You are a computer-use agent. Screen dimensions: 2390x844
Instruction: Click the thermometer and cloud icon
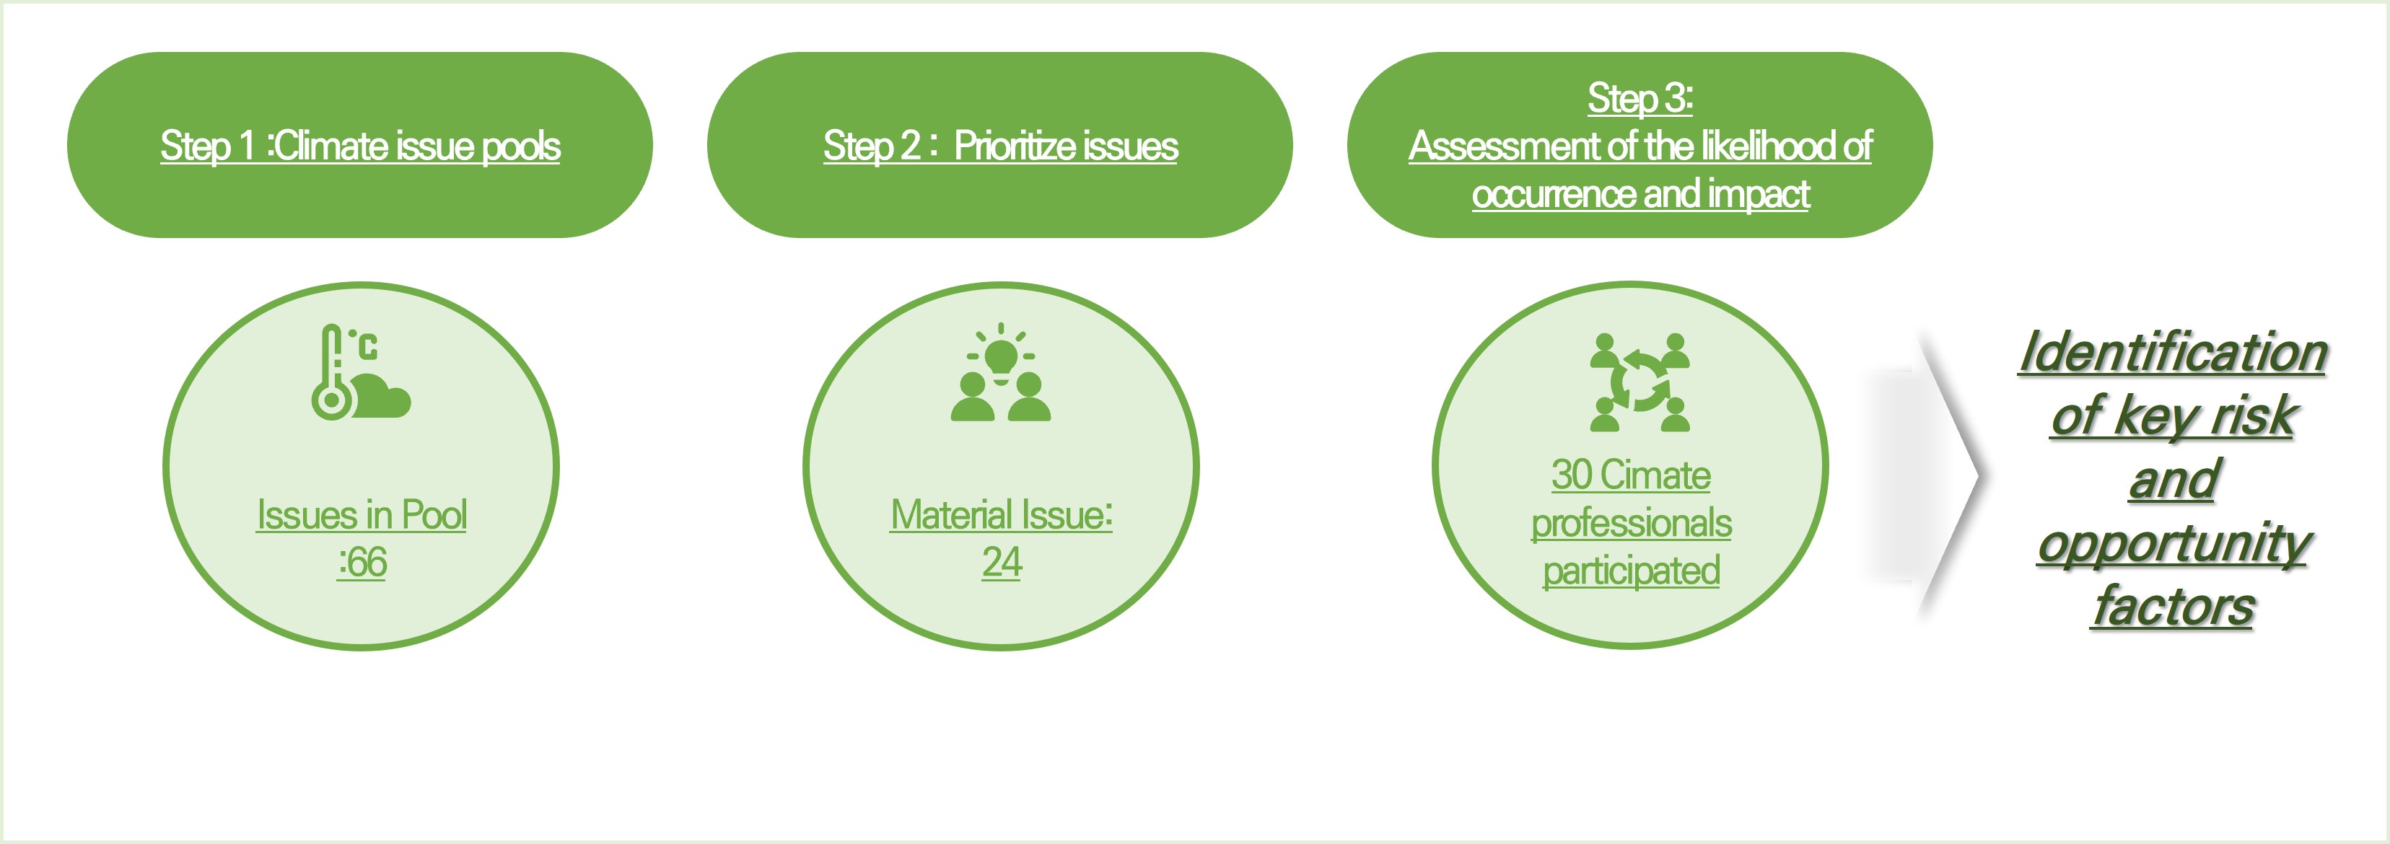pyautogui.click(x=361, y=372)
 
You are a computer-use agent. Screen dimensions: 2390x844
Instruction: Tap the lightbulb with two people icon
pyautogui.click(x=1000, y=372)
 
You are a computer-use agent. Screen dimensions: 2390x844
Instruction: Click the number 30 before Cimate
pyautogui.click(x=1572, y=475)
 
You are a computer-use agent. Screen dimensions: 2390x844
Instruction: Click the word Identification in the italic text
pyautogui.click(x=2173, y=353)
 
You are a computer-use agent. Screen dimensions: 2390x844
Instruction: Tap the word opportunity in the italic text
pyautogui.click(x=2173, y=545)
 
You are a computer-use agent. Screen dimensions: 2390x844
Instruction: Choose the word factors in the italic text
pyautogui.click(x=2173, y=607)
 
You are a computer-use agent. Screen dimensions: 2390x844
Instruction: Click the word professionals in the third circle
pyautogui.click(x=1631, y=523)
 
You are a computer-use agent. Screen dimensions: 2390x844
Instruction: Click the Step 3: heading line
pyautogui.click(x=1640, y=98)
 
